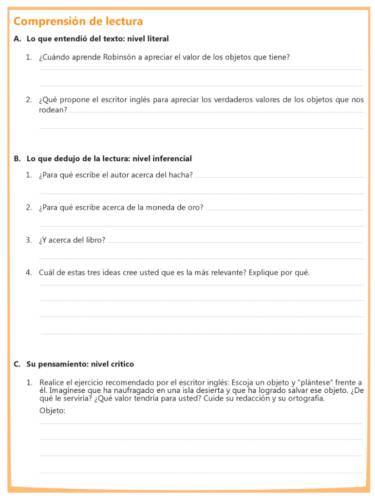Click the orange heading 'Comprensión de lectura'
[x=78, y=21]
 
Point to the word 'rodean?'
[x=53, y=110]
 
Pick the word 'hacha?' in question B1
[x=181, y=175]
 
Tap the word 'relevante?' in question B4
[x=229, y=272]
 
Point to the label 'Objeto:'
[x=52, y=411]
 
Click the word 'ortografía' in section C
[x=305, y=399]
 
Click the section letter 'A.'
[x=18, y=38]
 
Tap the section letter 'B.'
[x=18, y=158]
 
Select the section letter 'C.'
[x=18, y=364]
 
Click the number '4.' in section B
[x=29, y=272]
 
